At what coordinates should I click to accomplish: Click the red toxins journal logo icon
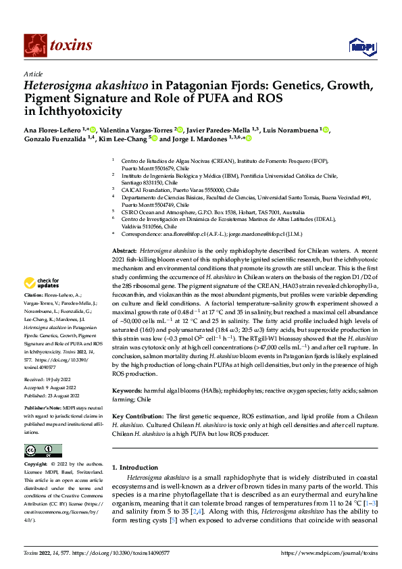pos(32,45)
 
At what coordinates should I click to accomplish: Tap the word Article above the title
pos(33,74)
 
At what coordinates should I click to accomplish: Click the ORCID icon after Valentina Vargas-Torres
pos(179,128)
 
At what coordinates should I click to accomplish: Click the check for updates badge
pos(43,283)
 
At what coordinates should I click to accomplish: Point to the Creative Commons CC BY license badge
pos(43,450)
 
